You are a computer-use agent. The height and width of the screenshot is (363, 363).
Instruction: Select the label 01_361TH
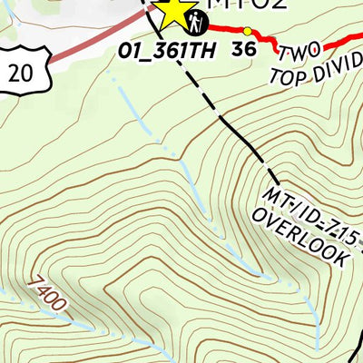[x=166, y=50]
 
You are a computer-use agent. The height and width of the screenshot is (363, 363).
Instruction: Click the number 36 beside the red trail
[x=243, y=49]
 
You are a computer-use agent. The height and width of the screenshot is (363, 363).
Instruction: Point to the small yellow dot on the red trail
[x=247, y=33]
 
